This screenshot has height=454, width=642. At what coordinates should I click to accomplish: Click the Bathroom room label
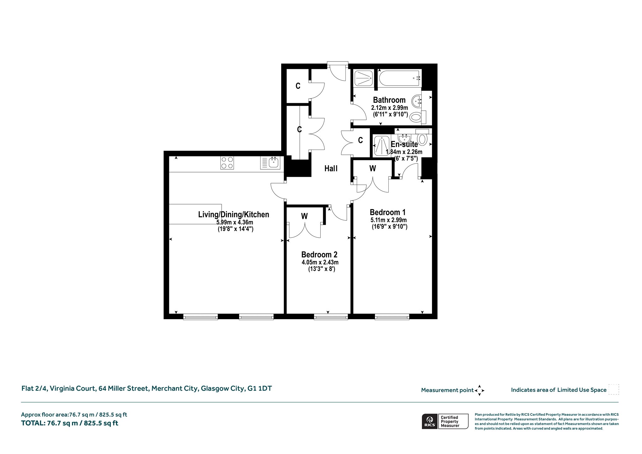tap(389, 100)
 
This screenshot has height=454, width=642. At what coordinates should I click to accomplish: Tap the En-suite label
tap(404, 144)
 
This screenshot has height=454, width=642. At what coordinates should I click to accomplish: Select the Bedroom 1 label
tap(387, 212)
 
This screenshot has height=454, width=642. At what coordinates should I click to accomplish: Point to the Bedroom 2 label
tap(319, 255)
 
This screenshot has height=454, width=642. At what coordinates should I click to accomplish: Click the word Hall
tap(331, 169)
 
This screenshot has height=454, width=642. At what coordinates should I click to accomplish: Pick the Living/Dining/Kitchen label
tap(234, 214)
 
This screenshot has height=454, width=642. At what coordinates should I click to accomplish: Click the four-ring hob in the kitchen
tap(227, 163)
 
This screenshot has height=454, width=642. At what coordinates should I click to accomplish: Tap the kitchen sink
tap(270, 163)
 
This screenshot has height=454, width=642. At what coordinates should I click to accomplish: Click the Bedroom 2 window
tap(331, 317)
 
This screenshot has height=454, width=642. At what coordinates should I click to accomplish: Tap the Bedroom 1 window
tap(392, 317)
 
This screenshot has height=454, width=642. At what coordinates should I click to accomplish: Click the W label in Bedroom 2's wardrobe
tap(304, 216)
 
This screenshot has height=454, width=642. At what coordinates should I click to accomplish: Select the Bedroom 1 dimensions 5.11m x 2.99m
tap(389, 220)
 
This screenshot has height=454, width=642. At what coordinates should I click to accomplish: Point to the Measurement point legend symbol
tap(480, 390)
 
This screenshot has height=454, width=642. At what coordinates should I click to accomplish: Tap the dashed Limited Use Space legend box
tap(614, 389)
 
